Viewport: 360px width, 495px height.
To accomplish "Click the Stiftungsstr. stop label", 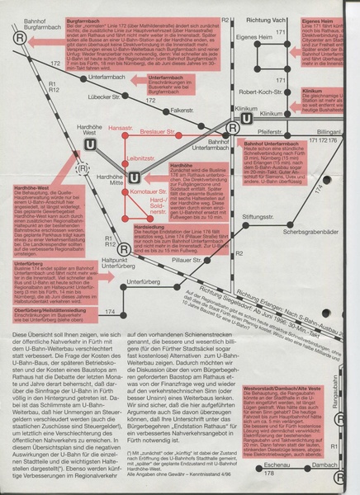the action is click(233, 216).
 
